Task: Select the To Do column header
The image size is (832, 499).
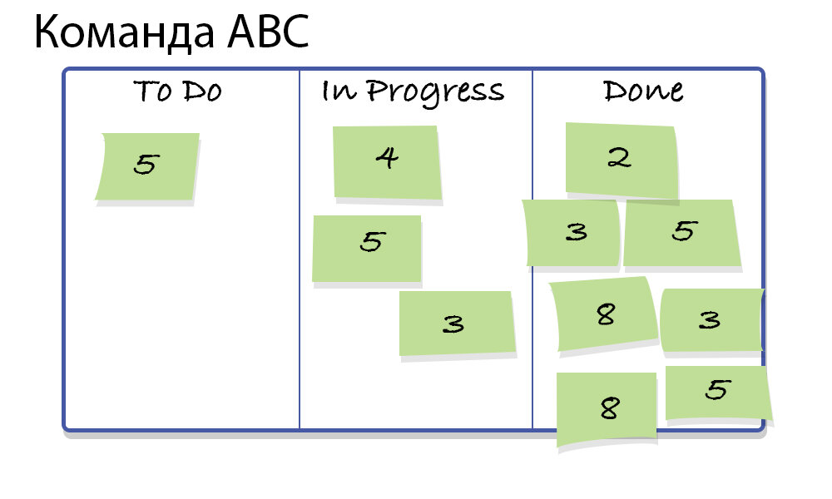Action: coord(177,91)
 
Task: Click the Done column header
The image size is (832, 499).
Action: coord(643,90)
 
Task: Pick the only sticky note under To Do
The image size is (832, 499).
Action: coord(147,166)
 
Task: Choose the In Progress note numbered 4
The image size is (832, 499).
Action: coord(386,161)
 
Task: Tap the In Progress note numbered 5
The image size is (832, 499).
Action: coord(367,248)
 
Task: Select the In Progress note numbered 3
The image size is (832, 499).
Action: coord(456,323)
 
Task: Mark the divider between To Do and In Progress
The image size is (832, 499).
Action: coord(300,349)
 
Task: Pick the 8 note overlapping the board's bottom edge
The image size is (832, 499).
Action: coord(607,408)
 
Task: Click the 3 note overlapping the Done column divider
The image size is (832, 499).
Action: coord(572,233)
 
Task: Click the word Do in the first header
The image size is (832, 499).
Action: coord(202,91)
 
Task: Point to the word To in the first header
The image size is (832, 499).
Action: coord(152,91)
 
